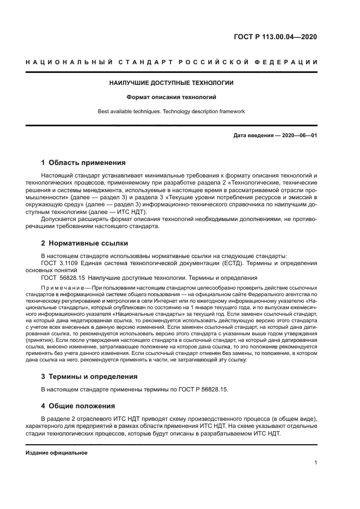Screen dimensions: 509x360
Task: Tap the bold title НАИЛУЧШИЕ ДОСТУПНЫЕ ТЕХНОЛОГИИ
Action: click(x=172, y=83)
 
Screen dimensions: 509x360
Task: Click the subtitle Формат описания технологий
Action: click(x=172, y=97)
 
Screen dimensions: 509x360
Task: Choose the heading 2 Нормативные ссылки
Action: click(x=85, y=243)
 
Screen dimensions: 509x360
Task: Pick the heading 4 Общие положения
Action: click(x=78, y=406)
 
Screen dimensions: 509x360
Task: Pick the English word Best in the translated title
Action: click(x=105, y=111)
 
